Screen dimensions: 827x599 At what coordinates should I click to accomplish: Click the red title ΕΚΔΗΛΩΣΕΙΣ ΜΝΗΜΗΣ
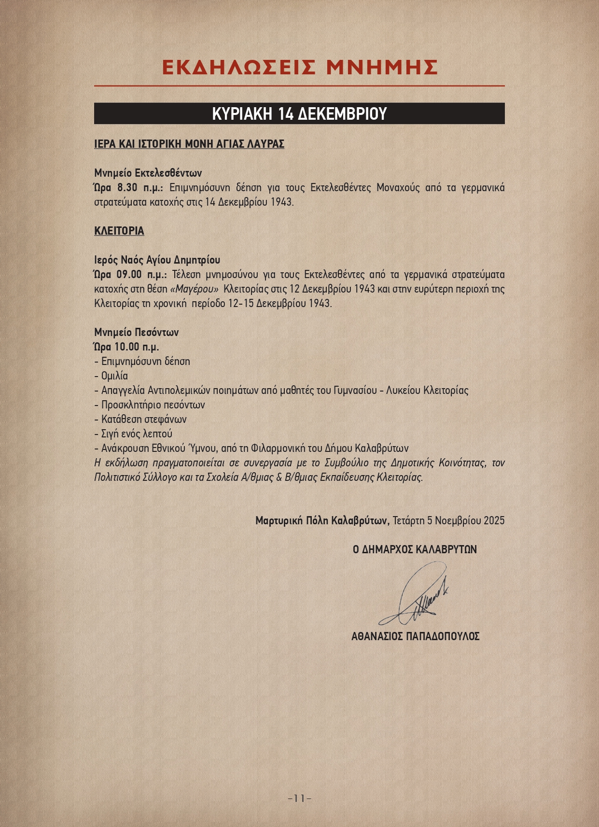click(x=299, y=68)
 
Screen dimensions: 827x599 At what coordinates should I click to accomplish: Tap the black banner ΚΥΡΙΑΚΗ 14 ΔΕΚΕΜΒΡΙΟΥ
click(x=299, y=113)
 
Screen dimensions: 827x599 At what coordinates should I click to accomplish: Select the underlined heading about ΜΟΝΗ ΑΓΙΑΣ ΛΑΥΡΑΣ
click(x=189, y=144)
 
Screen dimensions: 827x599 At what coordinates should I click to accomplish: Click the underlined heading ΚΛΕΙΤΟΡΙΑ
click(x=119, y=231)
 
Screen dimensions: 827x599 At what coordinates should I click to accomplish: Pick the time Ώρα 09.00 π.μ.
click(x=130, y=275)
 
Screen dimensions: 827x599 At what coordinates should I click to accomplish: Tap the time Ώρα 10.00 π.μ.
click(x=126, y=347)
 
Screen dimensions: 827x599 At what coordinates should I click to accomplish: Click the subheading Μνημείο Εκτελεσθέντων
click(x=148, y=173)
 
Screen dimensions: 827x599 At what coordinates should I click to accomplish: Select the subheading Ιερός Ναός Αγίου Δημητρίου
click(x=157, y=260)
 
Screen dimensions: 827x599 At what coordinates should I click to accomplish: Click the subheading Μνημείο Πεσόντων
click(x=137, y=333)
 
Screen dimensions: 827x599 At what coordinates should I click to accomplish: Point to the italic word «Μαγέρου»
click(x=195, y=289)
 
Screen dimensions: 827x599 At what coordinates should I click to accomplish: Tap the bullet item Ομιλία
click(x=114, y=376)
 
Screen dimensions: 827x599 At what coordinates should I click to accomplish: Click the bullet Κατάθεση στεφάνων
click(x=144, y=420)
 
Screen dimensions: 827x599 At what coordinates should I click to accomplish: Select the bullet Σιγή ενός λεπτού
click(x=137, y=434)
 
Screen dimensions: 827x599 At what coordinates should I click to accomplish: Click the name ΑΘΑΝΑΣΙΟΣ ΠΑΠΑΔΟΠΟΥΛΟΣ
click(x=415, y=636)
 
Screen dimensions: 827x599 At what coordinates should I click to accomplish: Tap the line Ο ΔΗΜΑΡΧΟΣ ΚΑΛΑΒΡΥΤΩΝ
click(x=415, y=549)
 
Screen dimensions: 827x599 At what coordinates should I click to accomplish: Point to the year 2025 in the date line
click(x=494, y=520)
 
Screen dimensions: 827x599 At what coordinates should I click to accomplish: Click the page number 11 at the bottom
click(x=299, y=799)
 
